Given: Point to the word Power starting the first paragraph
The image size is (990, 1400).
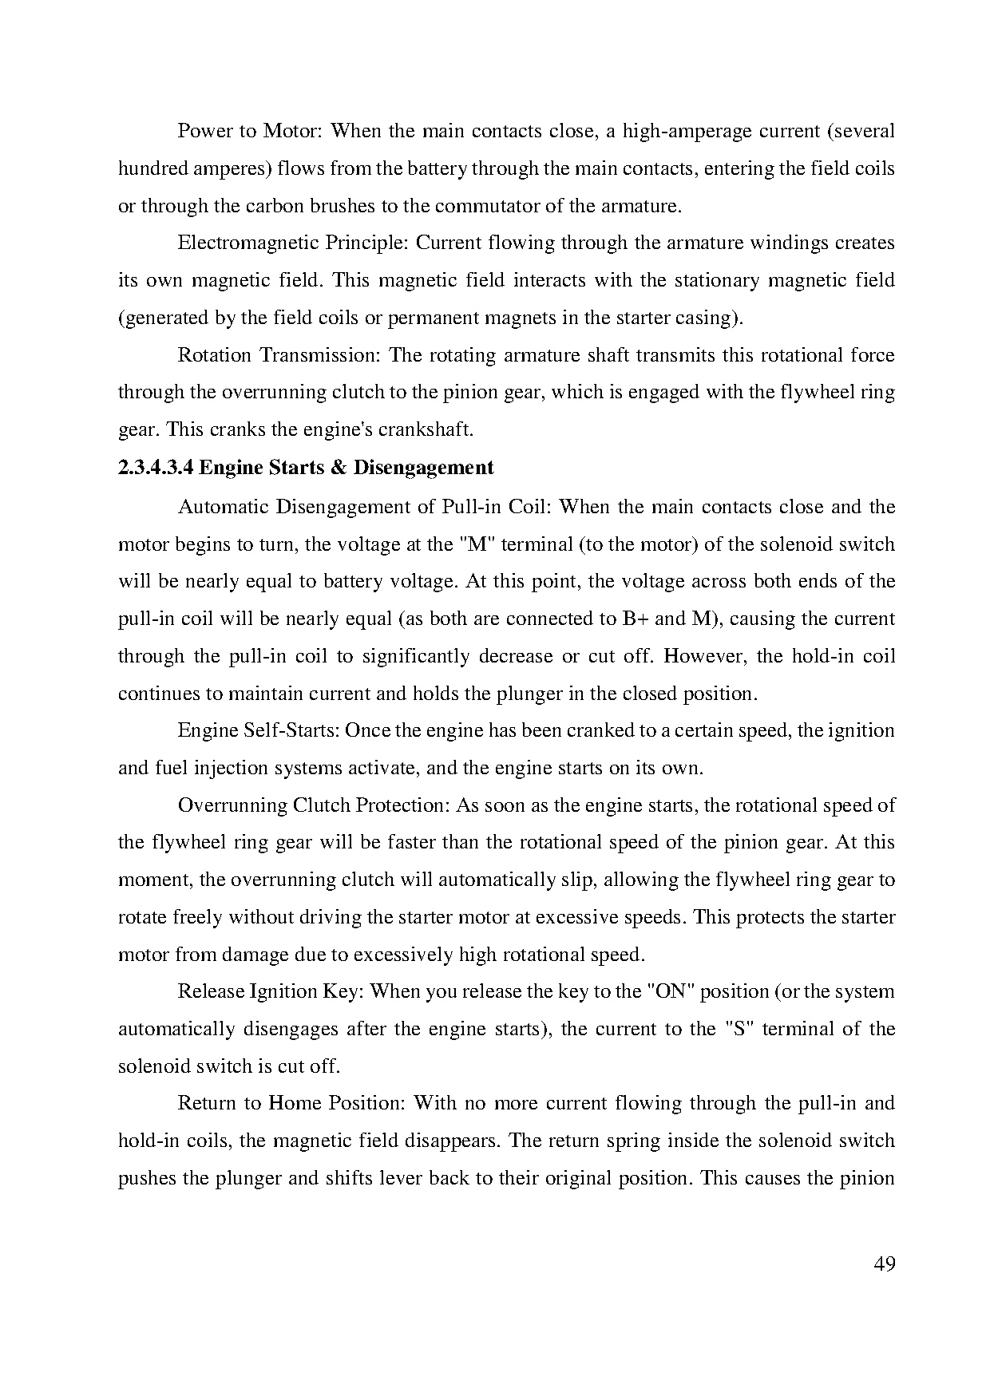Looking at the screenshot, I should (204, 131).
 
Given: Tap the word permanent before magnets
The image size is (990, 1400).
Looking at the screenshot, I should (433, 318).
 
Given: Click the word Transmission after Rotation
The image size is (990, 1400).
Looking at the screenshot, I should (321, 355).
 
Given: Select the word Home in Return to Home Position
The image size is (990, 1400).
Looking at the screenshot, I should (295, 1104).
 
